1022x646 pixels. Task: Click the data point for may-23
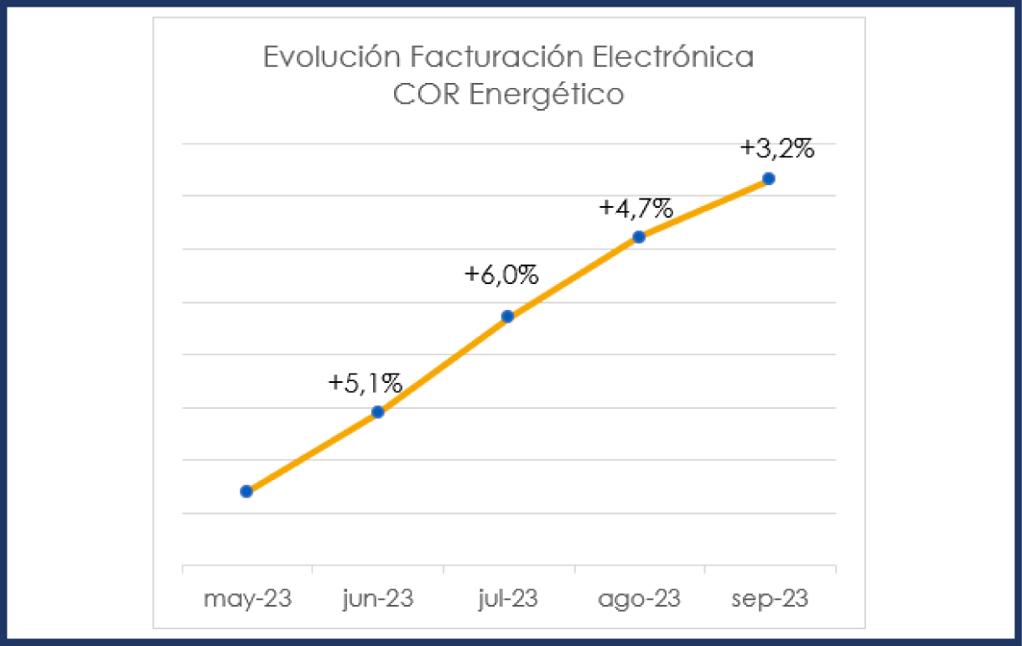coord(246,491)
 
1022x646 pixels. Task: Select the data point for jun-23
coord(377,411)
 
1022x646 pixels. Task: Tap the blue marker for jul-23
coord(507,316)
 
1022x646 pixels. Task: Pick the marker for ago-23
coord(639,236)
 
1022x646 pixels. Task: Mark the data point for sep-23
coord(769,178)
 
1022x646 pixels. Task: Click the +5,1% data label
coord(366,383)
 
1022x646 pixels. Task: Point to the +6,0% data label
coord(501,275)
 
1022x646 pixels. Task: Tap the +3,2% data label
coord(777,149)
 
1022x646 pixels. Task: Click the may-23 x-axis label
coord(246,600)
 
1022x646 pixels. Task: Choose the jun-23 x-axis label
coord(378,600)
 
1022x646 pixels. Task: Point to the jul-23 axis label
coord(508,600)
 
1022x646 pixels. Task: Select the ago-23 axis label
coord(639,600)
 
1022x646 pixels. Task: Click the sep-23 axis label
coord(770,600)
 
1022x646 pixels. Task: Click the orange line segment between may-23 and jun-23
coord(312,452)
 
